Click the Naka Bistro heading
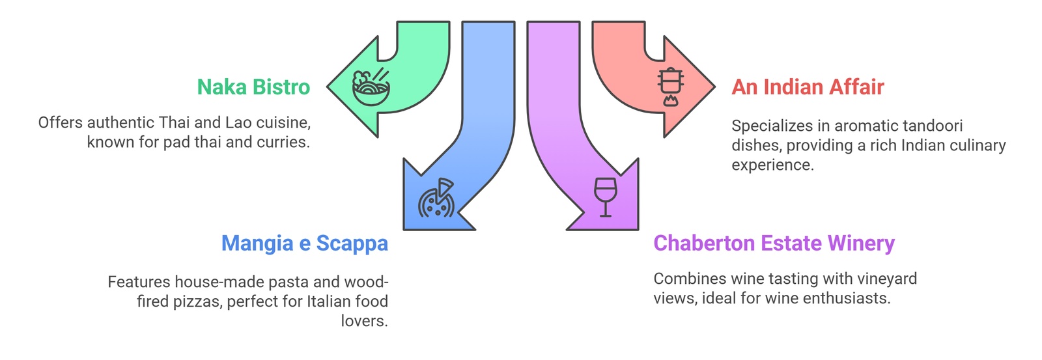click(253, 87)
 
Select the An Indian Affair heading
click(808, 87)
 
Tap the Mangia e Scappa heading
click(304, 243)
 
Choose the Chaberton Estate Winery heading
click(774, 243)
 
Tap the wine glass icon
click(604, 197)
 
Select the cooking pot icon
click(671, 87)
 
